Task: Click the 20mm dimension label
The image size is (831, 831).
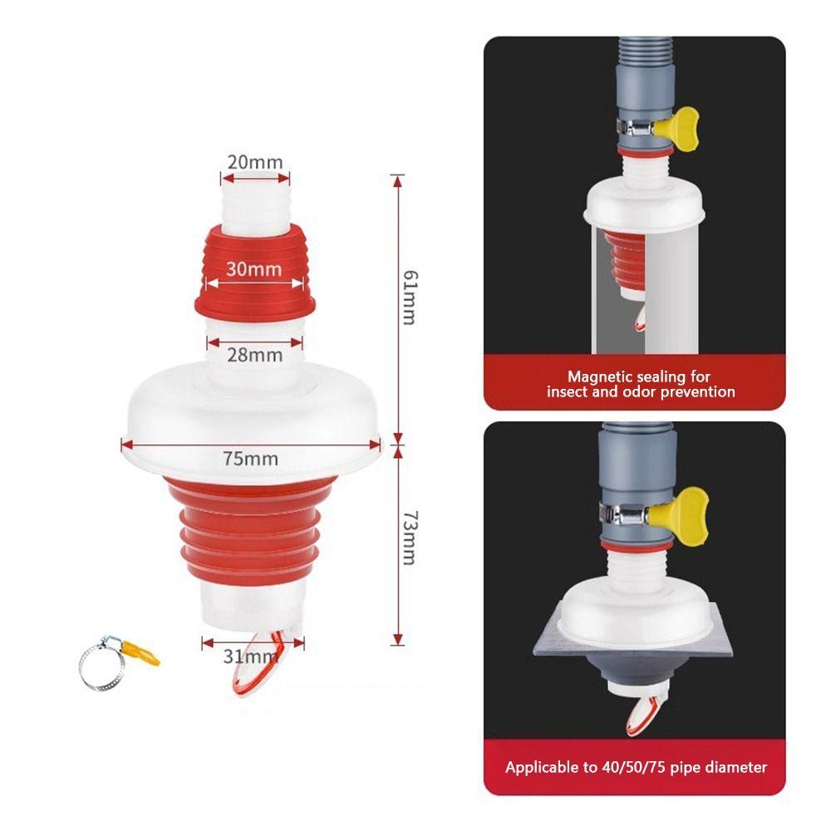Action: tap(255, 162)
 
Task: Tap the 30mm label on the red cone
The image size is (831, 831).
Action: tap(255, 269)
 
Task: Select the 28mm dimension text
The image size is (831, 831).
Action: tap(255, 355)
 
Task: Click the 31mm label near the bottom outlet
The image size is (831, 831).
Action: tap(249, 656)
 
